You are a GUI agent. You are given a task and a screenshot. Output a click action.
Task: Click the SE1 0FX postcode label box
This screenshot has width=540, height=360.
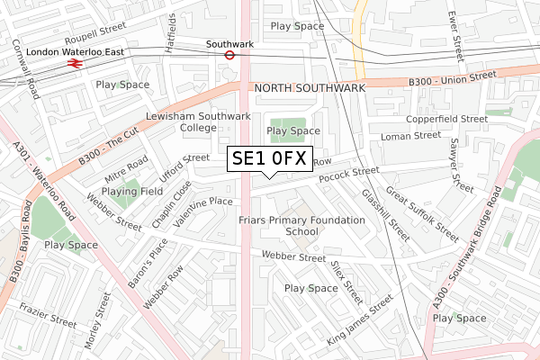coord(269,159)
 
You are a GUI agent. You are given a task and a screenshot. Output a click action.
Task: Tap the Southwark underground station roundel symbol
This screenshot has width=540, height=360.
coord(229,54)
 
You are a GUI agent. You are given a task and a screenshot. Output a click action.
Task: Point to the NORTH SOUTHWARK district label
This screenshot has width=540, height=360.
coord(310,88)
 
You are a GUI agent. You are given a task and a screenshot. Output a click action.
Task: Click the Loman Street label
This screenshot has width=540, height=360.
coord(409,136)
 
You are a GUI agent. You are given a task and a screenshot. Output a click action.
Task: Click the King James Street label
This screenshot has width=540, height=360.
coord(361,322)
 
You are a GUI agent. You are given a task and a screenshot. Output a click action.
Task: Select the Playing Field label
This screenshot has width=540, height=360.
coord(131,192)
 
